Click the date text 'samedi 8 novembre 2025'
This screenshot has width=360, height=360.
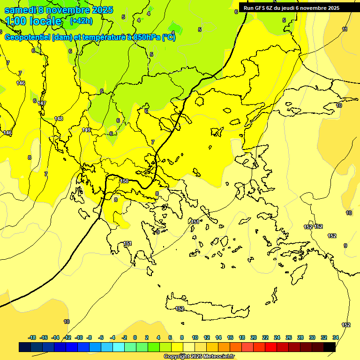coord(59,9)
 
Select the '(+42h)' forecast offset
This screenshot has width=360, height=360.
coord(81,21)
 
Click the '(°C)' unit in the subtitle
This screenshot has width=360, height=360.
coord(168,37)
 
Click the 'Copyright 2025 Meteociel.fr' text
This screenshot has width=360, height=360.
coord(199,357)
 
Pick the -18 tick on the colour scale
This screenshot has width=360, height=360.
coord(32,337)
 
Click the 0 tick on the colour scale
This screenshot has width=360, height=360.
coord(135,337)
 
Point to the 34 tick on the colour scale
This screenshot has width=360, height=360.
coord(335,337)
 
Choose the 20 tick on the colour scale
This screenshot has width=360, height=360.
coord(254,337)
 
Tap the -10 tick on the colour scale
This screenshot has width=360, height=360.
coord(79,337)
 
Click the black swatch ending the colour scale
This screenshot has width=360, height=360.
coord(330,347)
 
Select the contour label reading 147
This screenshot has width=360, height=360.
coord(42,103)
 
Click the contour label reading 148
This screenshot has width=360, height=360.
coord(59,119)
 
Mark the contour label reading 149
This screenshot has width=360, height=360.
coord(86,130)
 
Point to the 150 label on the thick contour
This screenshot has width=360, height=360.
coord(124,181)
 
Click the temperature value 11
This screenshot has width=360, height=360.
coord(345,30)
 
